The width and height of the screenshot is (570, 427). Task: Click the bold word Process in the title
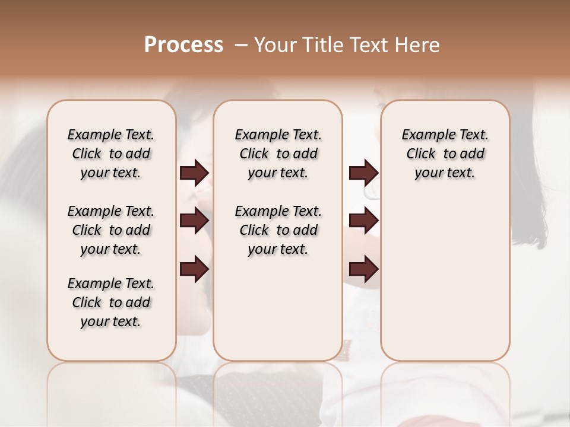tap(183, 45)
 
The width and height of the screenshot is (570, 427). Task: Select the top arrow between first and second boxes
tap(194, 173)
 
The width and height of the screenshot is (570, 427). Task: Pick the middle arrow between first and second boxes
tap(194, 221)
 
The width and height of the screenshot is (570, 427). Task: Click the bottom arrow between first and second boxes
tap(194, 269)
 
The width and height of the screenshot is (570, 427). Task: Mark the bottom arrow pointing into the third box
tap(363, 269)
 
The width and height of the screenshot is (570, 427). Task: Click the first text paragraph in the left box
tap(111, 154)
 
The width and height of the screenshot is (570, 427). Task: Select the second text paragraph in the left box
tap(111, 230)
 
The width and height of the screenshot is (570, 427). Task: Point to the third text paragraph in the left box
tap(111, 302)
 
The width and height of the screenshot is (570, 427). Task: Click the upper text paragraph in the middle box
tap(278, 154)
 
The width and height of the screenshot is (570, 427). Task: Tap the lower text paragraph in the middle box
tap(278, 230)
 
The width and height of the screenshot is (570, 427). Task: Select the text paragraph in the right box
tap(445, 154)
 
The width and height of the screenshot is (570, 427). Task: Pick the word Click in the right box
tap(421, 154)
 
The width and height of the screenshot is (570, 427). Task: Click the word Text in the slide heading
tap(371, 45)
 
